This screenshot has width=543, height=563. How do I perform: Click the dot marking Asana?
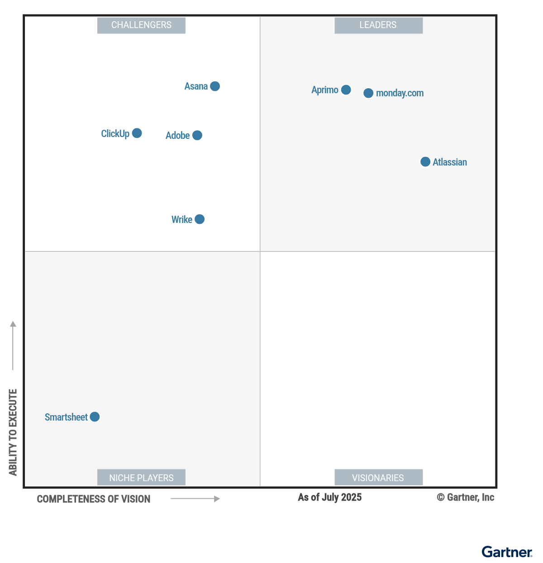(215, 86)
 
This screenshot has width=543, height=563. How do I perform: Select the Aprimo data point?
(346, 90)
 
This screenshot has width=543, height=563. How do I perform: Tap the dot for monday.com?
(368, 93)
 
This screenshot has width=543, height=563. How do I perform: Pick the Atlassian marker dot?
(425, 162)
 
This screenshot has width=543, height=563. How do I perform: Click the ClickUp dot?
(137, 133)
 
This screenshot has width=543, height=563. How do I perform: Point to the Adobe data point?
(197, 135)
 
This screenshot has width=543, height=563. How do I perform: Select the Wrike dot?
(200, 219)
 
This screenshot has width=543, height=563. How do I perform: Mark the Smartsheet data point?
(95, 417)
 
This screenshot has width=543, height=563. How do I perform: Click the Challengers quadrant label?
(141, 25)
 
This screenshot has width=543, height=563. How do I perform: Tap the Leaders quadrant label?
(378, 25)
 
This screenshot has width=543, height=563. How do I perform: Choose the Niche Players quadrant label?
(141, 478)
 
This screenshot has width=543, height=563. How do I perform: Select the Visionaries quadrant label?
(378, 478)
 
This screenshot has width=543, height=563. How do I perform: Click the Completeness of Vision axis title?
(94, 499)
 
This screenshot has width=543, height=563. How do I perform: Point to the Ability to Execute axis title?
(13, 432)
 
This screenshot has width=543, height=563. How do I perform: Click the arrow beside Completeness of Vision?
(195, 499)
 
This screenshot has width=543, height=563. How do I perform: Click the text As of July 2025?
(330, 497)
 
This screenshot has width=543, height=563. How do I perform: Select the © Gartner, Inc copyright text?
(465, 497)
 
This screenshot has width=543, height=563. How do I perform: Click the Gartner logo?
(507, 552)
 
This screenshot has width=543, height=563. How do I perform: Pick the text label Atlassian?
(450, 162)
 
